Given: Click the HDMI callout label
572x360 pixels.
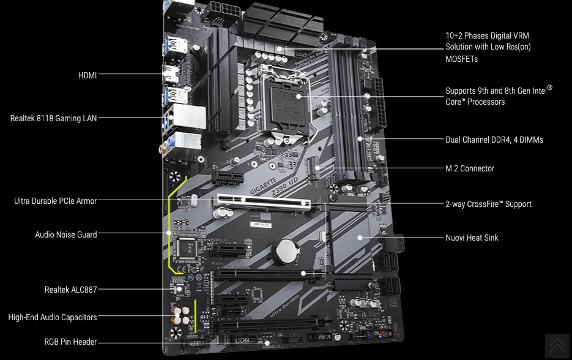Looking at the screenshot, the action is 87,75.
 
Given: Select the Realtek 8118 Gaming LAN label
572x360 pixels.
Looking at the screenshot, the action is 54,118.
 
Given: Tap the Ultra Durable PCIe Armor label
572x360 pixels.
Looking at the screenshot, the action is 56,201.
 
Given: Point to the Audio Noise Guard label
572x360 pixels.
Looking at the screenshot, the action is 66,234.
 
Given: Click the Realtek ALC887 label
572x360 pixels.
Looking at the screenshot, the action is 71,290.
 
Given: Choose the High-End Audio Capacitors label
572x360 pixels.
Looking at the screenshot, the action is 53,317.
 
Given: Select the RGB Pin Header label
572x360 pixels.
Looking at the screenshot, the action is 70,342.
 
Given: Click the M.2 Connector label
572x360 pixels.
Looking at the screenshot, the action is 470,168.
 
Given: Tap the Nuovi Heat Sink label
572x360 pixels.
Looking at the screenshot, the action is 472,238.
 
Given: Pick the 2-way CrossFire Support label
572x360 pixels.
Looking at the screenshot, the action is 488,204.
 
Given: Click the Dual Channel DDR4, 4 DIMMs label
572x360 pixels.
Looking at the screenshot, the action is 494,140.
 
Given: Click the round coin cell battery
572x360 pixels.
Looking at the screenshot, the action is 286,251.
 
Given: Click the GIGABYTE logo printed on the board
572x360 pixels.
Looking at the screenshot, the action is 263,186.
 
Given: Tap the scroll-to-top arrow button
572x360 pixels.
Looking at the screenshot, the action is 557,345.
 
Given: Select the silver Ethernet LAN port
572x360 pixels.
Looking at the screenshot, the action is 189,117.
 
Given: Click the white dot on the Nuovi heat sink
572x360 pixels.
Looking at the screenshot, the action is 360,238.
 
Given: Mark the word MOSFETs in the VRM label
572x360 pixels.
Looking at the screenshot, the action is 461,59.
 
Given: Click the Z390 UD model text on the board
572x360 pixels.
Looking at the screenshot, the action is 285,186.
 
